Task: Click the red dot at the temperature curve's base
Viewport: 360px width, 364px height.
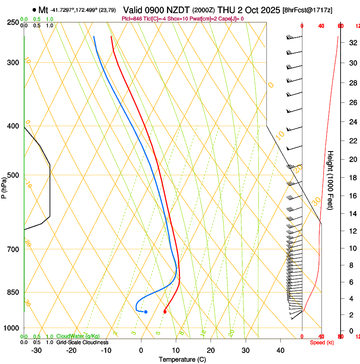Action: click(165, 312)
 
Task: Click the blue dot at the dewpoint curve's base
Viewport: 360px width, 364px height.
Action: click(146, 312)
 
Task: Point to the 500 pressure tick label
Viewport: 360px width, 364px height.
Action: click(13, 175)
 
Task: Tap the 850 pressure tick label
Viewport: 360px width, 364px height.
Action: click(13, 292)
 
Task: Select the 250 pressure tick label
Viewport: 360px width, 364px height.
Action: click(13, 22)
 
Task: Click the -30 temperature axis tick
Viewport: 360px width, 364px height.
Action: click(36, 350)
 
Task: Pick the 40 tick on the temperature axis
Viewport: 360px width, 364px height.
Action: click(280, 350)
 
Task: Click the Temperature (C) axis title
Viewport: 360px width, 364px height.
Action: click(182, 359)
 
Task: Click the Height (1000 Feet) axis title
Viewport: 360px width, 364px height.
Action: click(330, 180)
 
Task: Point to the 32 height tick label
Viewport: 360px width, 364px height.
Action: click(352, 43)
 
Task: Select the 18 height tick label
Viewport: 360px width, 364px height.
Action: click(352, 178)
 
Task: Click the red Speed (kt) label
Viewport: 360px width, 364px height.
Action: click(322, 342)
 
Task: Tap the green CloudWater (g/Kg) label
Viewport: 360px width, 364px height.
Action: click(78, 336)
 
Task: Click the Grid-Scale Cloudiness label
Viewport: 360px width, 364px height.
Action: click(82, 342)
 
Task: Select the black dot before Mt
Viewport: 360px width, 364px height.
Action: click(34, 10)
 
